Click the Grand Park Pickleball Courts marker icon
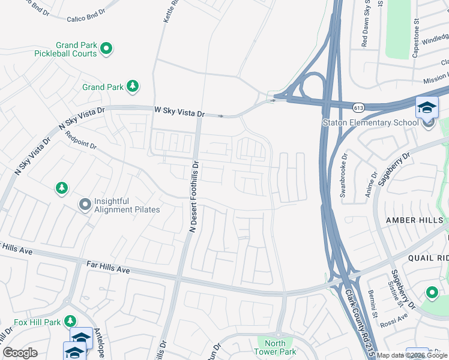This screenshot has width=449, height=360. (x=106, y=48)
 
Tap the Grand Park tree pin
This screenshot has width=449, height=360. (x=132, y=87)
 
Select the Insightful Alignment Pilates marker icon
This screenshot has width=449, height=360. (x=85, y=205)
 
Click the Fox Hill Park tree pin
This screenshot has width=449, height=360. (x=70, y=322)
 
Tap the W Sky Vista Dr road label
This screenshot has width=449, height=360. (x=179, y=112)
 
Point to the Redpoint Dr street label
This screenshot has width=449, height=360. (x=77, y=141)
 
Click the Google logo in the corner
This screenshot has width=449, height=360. (x=20, y=353)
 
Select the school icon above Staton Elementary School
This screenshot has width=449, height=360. (x=427, y=108)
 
